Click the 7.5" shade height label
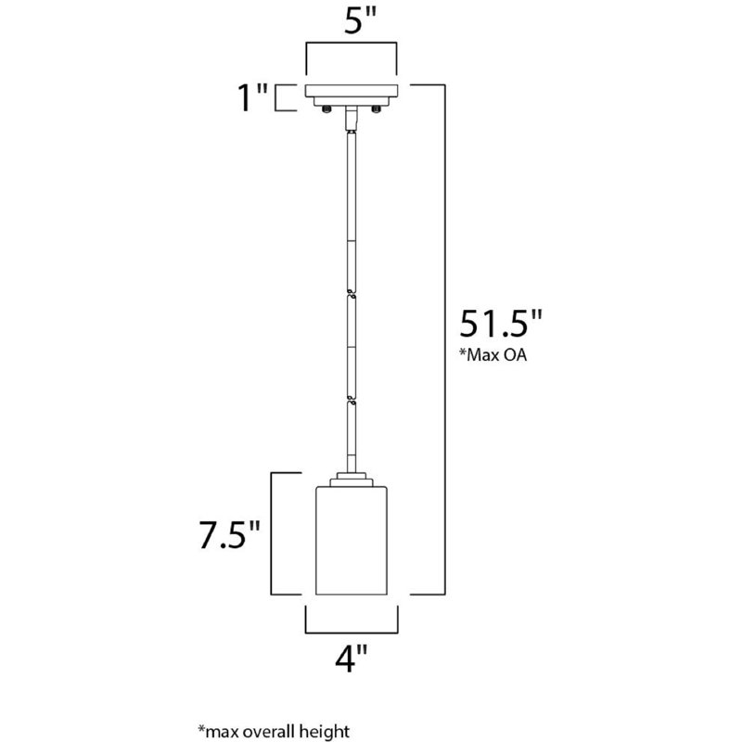click(225, 537)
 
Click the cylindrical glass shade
click(352, 543)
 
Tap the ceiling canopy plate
click(352, 95)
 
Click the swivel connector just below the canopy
click(352, 119)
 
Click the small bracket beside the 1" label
click(283, 98)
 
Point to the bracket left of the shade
click(272, 533)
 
